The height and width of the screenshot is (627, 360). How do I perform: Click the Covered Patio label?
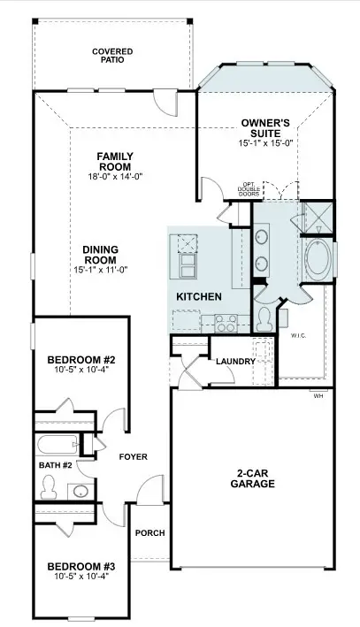[x=107, y=56]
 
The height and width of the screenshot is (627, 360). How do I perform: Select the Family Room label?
[x=116, y=161]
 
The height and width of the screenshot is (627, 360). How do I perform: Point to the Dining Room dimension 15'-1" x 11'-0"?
[x=101, y=270]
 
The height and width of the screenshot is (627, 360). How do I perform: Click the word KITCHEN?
[x=199, y=297]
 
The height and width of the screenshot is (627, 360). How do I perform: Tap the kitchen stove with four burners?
[x=226, y=323]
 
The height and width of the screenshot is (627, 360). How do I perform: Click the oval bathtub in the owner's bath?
[x=318, y=257]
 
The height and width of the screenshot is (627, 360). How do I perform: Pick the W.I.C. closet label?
[x=298, y=336]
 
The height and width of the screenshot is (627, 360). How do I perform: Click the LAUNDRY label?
[x=235, y=362]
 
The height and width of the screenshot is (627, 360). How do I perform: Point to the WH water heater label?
[x=318, y=396]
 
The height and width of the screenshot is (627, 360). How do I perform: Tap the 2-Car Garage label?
[x=252, y=478]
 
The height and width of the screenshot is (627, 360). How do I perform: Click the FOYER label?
[x=134, y=456]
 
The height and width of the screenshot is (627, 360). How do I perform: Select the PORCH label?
[x=150, y=533]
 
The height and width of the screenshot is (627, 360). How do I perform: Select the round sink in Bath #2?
[x=81, y=492]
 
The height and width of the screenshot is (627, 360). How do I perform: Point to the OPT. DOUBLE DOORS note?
[x=249, y=188]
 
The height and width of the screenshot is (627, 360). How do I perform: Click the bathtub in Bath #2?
[x=57, y=444]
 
